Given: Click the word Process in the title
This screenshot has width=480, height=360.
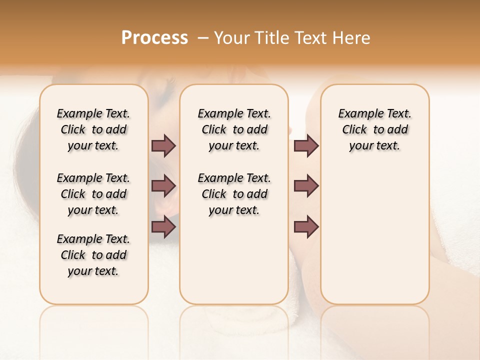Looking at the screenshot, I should [154, 38].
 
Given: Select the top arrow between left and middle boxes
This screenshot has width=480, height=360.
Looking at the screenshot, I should [163, 145].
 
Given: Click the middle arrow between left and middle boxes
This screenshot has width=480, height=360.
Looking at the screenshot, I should [163, 186].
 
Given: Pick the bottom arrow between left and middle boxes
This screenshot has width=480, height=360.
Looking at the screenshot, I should [163, 227].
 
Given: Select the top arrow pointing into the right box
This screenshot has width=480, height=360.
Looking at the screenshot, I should [306, 145].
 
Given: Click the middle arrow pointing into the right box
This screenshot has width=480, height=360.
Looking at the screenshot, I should [306, 186].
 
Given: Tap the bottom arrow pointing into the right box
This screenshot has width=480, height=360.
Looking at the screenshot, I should [306, 227].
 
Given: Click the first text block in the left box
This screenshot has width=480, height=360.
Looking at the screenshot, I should [93, 129].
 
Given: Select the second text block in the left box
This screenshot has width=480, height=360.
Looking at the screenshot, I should [93, 194].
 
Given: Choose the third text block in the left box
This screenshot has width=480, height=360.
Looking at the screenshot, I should [93, 255].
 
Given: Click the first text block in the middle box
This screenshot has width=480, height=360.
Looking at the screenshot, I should [234, 129].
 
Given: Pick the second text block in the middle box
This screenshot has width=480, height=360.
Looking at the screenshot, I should [234, 194].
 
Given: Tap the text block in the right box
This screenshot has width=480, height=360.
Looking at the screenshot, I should [374, 129].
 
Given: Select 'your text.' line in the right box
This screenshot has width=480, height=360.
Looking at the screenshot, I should [374, 145].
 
